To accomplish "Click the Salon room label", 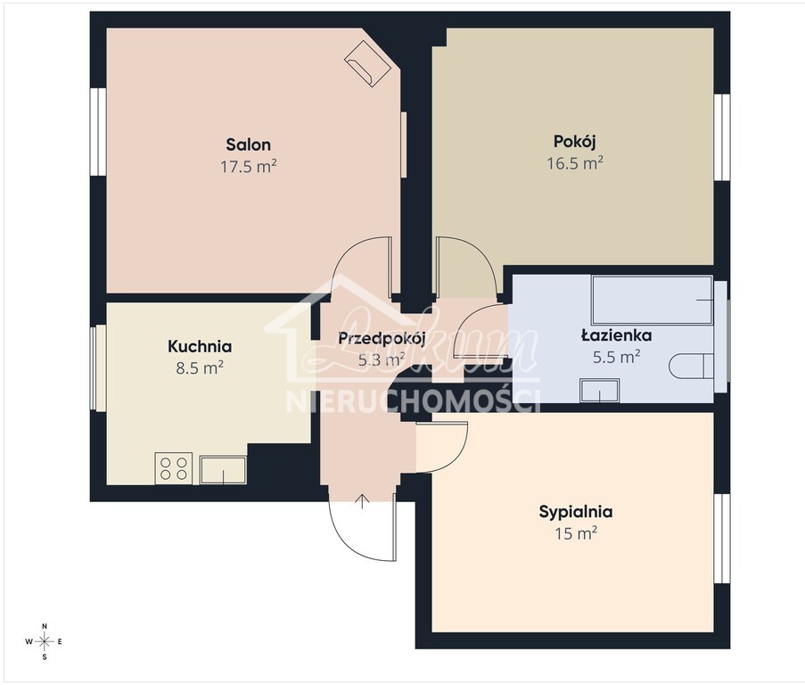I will (248, 144).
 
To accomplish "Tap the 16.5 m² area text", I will (575, 162).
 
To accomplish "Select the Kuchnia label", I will (200, 347).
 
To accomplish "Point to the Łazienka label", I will (616, 336).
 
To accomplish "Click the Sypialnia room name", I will (575, 512).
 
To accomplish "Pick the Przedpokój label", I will (382, 338).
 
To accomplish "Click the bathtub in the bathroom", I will (652, 300).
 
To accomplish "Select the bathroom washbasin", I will (599, 390).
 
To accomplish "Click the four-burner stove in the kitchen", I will (174, 468).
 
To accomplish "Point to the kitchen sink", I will (223, 469).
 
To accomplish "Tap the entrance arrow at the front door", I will (363, 499).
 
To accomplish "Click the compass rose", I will (45, 641).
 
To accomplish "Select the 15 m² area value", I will (575, 533).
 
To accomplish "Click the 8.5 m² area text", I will (200, 367).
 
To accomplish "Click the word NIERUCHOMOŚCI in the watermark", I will (413, 400).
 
